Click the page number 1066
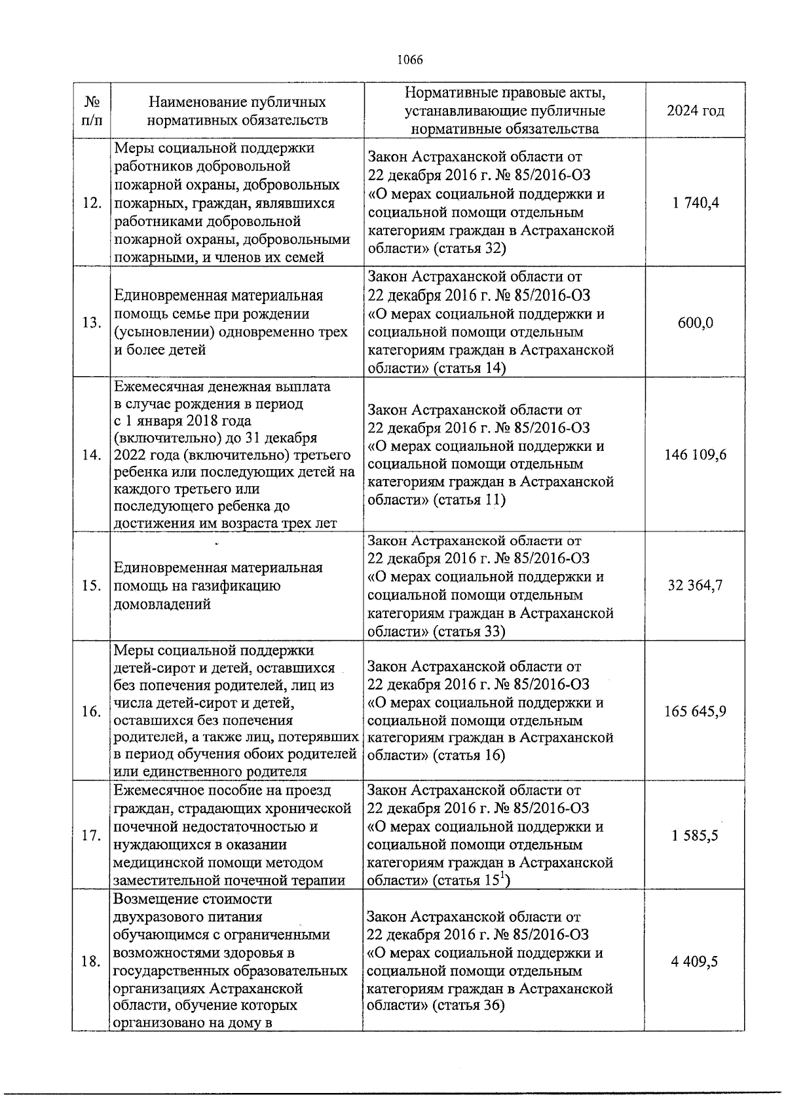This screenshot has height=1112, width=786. tap(410, 60)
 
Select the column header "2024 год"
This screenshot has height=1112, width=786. tap(695, 111)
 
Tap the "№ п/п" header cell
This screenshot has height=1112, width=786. tap(92, 111)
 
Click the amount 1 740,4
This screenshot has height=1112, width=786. tap(695, 203)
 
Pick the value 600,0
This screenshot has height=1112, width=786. tap(695, 323)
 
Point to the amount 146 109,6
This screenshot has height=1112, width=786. tap(695, 455)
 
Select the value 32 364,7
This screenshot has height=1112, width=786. tap(695, 586)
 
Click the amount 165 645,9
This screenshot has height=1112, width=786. tap(695, 712)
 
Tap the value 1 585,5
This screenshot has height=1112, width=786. tap(695, 836)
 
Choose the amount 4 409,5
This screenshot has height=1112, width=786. tap(695, 961)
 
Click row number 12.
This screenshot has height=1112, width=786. tap(92, 203)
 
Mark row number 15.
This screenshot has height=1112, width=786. tap(92, 586)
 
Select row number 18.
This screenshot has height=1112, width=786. tap(92, 961)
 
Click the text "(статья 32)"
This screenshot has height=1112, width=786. tap(468, 249)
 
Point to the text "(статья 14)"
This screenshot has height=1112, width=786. tap(468, 368)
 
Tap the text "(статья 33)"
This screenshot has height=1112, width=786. tap(468, 632)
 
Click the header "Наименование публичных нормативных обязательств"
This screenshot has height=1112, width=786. tap(237, 111)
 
